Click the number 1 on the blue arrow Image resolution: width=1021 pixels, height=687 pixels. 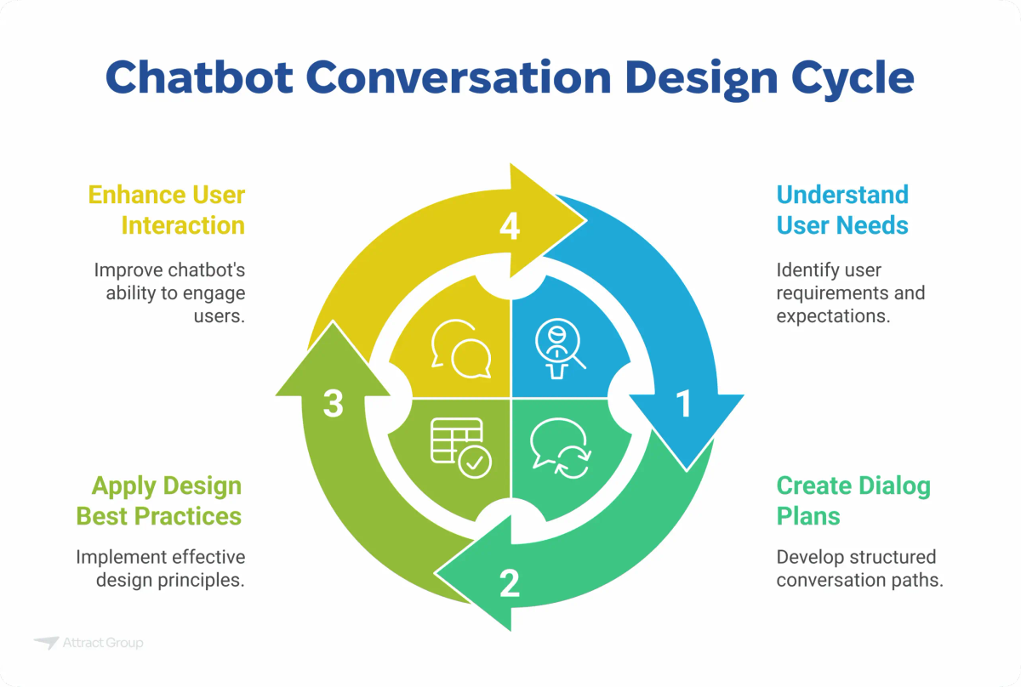point(683,405)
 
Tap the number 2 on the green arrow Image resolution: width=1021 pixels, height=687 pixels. point(509,583)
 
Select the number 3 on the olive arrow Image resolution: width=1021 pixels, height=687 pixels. point(334,404)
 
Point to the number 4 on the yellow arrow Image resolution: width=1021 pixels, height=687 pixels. point(510,228)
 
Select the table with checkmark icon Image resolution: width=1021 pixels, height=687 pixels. point(460,447)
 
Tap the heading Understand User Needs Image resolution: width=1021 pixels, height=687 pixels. point(842,210)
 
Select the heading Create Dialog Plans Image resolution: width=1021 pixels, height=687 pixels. point(853,501)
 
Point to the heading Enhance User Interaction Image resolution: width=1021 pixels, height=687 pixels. point(166,210)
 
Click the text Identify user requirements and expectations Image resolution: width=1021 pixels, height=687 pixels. point(850,292)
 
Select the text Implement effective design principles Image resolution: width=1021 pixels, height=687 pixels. point(161,569)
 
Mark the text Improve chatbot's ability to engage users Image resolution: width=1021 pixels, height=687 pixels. point(169,292)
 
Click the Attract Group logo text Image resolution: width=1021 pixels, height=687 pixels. point(102,643)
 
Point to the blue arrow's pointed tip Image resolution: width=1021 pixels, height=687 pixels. point(687,468)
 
